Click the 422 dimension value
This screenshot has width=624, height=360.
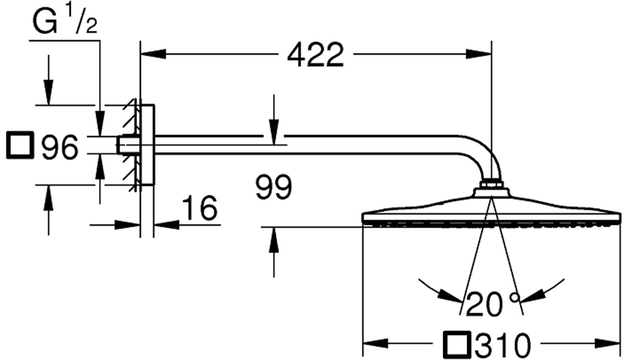(x=315, y=55)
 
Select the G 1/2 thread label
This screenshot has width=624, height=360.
(x=65, y=21)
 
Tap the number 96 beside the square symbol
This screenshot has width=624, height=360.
(x=60, y=148)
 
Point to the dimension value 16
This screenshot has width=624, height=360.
(x=200, y=208)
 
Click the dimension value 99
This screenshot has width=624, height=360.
(x=274, y=187)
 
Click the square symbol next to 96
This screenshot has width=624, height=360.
(x=20, y=145)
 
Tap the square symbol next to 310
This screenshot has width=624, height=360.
(x=457, y=344)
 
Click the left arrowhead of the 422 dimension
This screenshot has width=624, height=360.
(x=153, y=54)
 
